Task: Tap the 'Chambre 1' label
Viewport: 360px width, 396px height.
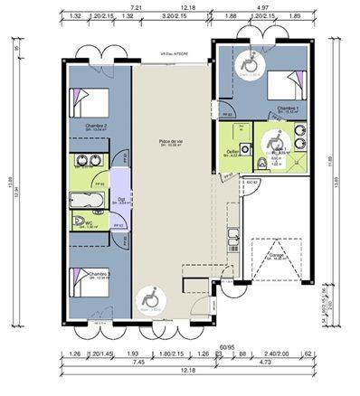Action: pos(288,108)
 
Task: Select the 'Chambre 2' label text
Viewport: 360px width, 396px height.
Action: pos(96,126)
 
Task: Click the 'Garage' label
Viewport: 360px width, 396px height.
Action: pos(274,256)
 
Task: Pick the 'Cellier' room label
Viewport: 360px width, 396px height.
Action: pos(232,151)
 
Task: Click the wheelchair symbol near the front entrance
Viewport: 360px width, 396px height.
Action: pos(150,302)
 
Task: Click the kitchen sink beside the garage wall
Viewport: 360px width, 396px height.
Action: pos(232,237)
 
